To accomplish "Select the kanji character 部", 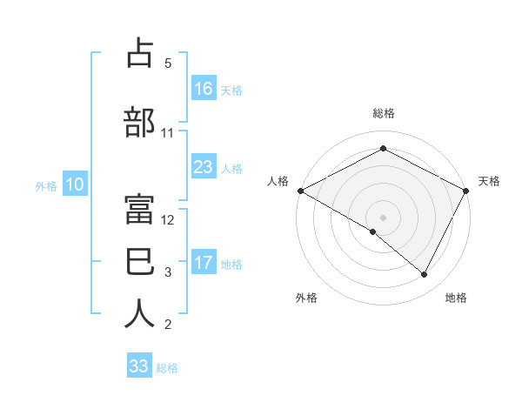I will (x=140, y=122).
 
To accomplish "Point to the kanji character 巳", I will (x=140, y=258).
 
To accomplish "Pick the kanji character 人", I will (x=140, y=313).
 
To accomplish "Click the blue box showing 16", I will (x=204, y=88).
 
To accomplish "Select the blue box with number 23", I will (x=204, y=167).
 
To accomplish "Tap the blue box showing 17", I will (x=204, y=263).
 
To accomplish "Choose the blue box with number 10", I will (x=75, y=184).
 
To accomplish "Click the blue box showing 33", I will (x=139, y=366).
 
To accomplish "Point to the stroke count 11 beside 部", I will (x=168, y=133).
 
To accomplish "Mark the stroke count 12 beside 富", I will (x=169, y=219).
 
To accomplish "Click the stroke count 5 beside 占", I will (x=168, y=64).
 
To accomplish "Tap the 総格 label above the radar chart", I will (x=383, y=113).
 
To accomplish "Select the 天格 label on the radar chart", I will (x=489, y=181).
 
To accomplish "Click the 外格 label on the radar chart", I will (x=306, y=298).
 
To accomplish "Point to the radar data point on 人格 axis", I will (x=300, y=190).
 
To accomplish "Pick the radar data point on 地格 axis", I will (x=425, y=274).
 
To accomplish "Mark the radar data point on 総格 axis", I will (x=383, y=149).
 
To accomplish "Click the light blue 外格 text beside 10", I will (x=46, y=185).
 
